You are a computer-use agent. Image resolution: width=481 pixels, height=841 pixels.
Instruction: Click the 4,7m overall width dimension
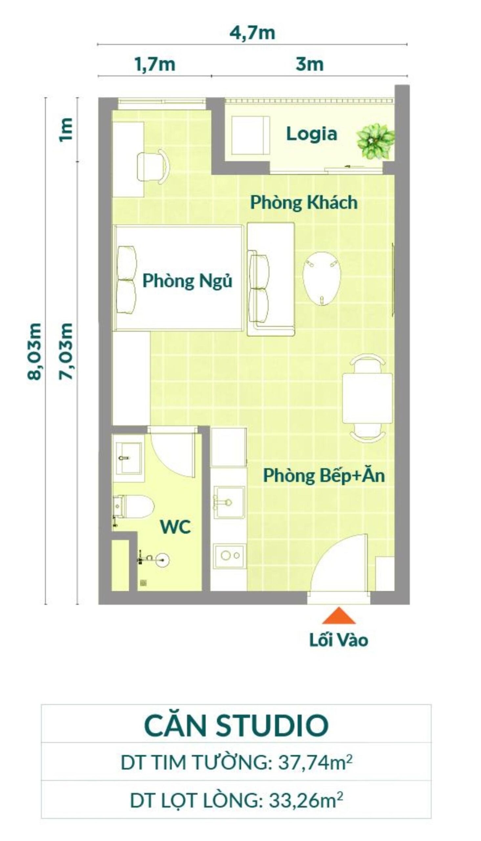[x=252, y=34]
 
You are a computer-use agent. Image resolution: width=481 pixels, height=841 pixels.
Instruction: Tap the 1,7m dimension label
[x=155, y=64]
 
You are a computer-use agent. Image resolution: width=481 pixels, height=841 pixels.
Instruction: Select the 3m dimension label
[x=309, y=64]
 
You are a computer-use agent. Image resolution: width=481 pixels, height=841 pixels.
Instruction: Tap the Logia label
[x=311, y=134]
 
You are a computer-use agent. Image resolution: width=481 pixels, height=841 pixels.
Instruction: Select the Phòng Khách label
[x=304, y=202]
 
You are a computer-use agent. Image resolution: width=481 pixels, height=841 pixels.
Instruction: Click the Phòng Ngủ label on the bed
[x=187, y=281]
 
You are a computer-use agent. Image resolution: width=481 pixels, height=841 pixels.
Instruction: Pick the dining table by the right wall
[x=367, y=398]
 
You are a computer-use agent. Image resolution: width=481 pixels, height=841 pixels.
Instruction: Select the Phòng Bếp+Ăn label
[x=323, y=476]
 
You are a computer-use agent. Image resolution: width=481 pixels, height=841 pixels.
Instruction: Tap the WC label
[x=175, y=527]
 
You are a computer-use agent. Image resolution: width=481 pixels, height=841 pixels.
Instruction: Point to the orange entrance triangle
[x=339, y=616]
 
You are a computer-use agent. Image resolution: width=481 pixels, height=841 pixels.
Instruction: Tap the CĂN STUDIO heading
[x=236, y=725]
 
